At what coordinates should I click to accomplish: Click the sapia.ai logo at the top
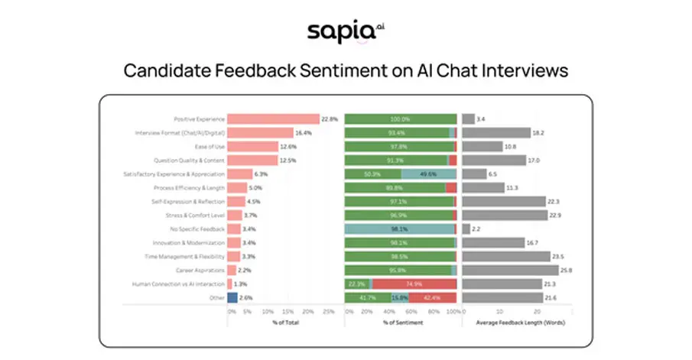pos(345,31)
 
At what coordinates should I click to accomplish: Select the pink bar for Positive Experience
pos(273,119)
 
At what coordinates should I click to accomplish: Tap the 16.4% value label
pos(304,133)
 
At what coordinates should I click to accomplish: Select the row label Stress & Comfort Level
pos(197,216)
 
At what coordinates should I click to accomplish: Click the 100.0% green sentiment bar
pos(400,119)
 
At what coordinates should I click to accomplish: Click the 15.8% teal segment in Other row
pos(399,297)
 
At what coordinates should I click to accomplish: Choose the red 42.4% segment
pos(432,297)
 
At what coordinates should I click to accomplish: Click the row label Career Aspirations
pos(200,270)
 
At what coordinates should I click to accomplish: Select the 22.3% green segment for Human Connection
pos(357,284)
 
